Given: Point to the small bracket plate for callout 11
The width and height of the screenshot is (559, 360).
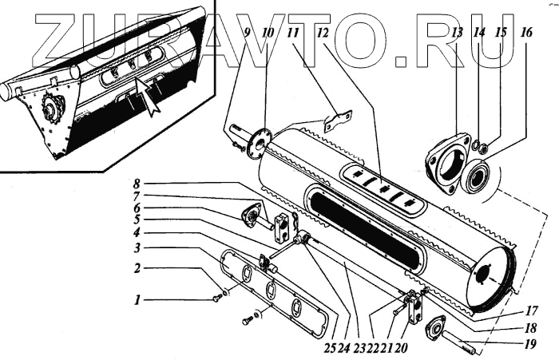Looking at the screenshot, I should [x=335, y=121].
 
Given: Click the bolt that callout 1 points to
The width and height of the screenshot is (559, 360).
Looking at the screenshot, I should [x=217, y=298].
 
